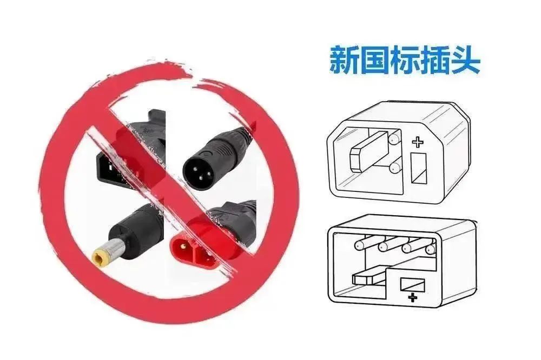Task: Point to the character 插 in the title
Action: pos(435,61)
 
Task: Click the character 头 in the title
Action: pos(465,61)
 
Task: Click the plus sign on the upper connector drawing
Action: pos(418,142)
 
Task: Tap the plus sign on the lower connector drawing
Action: pos(412,297)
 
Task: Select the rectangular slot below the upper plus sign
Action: pos(419,168)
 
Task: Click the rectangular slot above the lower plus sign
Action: pos(412,284)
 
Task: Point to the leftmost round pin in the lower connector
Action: pos(360,245)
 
